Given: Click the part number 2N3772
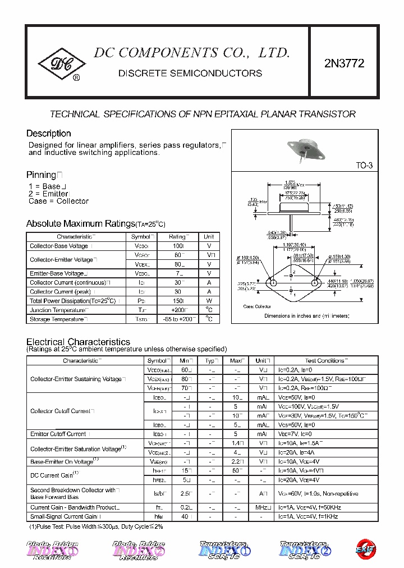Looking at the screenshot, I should coord(344,63).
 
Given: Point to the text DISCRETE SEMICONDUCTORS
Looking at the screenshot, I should coord(190,74).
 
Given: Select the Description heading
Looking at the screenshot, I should coord(49,134).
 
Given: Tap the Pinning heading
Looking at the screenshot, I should coord(42,175).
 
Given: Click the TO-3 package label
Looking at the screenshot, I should coord(364,166).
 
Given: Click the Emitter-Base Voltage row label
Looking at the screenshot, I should coord(58,273).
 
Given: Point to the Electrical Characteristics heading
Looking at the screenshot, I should coord(78,342).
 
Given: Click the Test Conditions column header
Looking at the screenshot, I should coord(325,360).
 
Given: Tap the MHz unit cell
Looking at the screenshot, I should coord(261,507).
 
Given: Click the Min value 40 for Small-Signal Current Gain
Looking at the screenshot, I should coord(185,516).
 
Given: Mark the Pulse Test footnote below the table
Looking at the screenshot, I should coord(96,527).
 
